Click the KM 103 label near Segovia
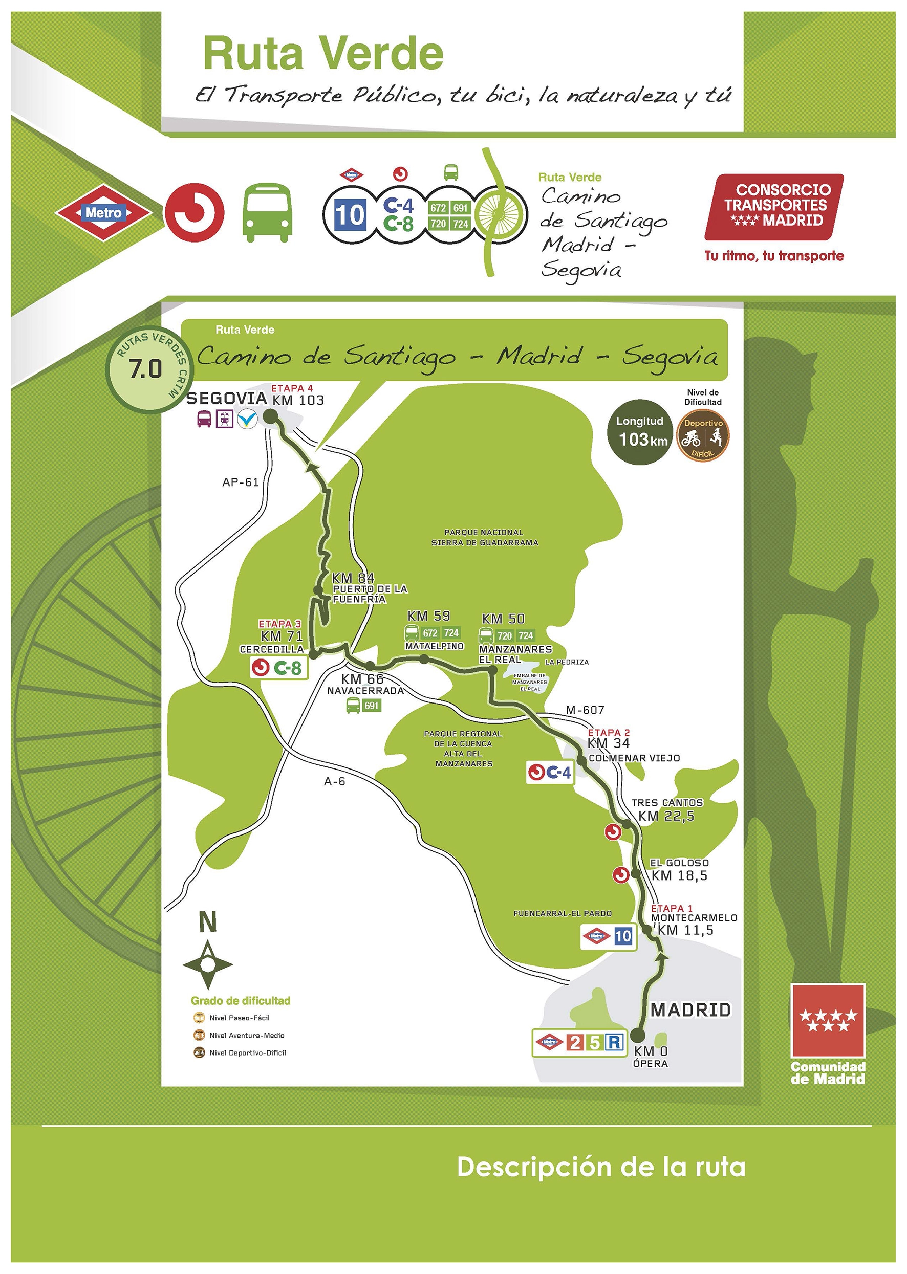pyautogui.click(x=298, y=400)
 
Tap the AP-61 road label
pyautogui.click(x=240, y=482)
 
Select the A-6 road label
pyautogui.click(x=335, y=782)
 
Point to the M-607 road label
pyautogui.click(x=585, y=710)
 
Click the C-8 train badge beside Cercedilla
pyautogui.click(x=279, y=668)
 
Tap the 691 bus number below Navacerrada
pyautogui.click(x=371, y=706)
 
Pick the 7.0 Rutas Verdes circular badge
pyautogui.click(x=146, y=369)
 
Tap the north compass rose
pyautogui.click(x=208, y=964)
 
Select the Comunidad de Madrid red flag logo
pyautogui.click(x=828, y=1020)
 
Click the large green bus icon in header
pyautogui.click(x=267, y=213)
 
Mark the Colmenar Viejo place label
pyautogui.click(x=635, y=758)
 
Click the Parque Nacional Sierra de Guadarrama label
pyautogui.click(x=484, y=537)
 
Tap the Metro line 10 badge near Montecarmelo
pyautogui.click(x=623, y=936)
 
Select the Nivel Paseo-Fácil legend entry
pyautogui.click(x=239, y=1018)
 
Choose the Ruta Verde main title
pyautogui.click(x=323, y=54)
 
